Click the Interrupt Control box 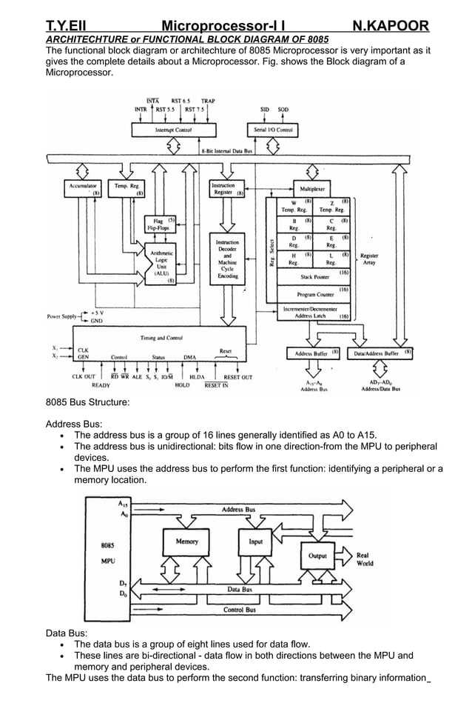coord(173,130)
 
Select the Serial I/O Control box coord(273,130)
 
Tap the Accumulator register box coord(83,189)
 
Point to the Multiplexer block coord(313,189)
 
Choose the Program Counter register coord(313,293)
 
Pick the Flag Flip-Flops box coord(158,224)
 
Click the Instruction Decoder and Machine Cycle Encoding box coord(227,259)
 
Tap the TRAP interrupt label coord(208,101)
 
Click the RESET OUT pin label coord(237,377)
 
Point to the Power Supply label coord(62,316)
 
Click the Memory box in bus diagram coord(186,542)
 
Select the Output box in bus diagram coord(317,556)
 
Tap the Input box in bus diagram coord(255,542)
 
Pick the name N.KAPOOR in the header coord(390,27)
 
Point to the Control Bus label coord(240,610)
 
